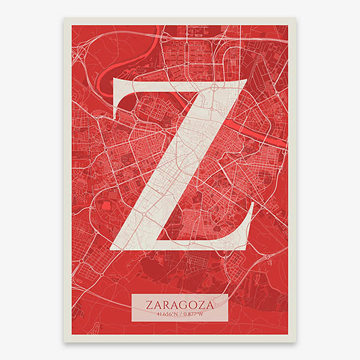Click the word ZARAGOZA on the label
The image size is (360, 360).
[x=179, y=304]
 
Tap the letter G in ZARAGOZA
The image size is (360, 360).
[x=183, y=304]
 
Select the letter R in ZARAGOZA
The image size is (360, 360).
[x=164, y=304]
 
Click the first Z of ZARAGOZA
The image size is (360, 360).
[x=148, y=304]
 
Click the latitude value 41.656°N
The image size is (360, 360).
[x=164, y=313]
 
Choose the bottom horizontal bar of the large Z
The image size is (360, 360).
[x=180, y=242]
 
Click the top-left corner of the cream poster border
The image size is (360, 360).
[x=64, y=19]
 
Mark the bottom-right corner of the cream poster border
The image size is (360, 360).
[x=295, y=341]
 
